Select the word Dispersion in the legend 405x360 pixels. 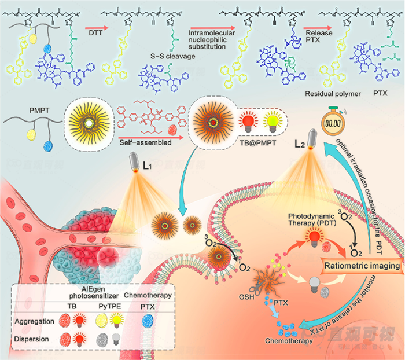(34, 340)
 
